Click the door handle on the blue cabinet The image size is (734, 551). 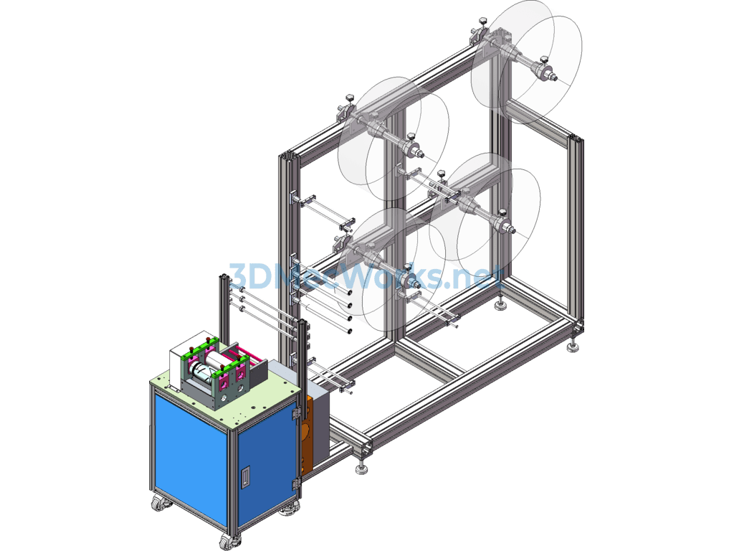point(245,477)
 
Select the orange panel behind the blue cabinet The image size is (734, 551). point(306,435)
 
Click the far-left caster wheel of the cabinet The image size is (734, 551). point(159,503)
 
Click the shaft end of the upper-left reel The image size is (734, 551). point(420,154)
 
